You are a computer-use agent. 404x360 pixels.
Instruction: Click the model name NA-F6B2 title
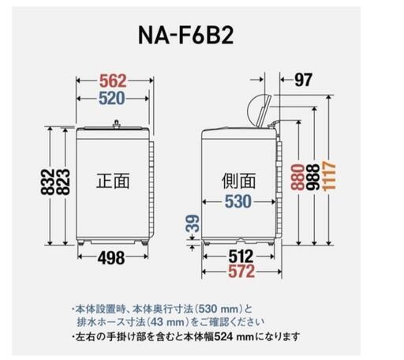pos(186,35)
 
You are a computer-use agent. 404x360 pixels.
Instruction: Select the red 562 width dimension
pos(113,81)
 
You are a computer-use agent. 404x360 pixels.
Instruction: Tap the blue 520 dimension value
pos(112,99)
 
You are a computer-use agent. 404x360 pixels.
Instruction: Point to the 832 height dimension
pos(47,182)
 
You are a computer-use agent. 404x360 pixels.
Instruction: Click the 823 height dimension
pos(63,182)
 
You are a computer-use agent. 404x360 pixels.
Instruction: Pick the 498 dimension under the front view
pos(111,258)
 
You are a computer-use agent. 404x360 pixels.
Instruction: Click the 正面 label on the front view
pos(113,181)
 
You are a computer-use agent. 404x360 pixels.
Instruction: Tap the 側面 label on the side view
pos(238,181)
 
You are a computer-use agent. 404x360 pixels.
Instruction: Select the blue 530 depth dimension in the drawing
pos(238,201)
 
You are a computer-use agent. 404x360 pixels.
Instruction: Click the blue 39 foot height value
pos(193,223)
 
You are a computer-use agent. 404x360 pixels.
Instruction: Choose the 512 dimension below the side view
pos(241,256)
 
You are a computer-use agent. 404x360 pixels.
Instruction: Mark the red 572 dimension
pos(241,272)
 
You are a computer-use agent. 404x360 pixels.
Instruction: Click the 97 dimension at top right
pos(303,80)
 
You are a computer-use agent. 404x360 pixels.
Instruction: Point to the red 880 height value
pos(297,177)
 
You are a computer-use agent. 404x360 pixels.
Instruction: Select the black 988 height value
pos(313,177)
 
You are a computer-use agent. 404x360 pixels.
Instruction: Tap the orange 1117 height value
pos(329,175)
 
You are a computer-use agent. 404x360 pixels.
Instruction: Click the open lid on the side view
pos(264,112)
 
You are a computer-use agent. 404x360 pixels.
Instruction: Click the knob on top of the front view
pos(116,124)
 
